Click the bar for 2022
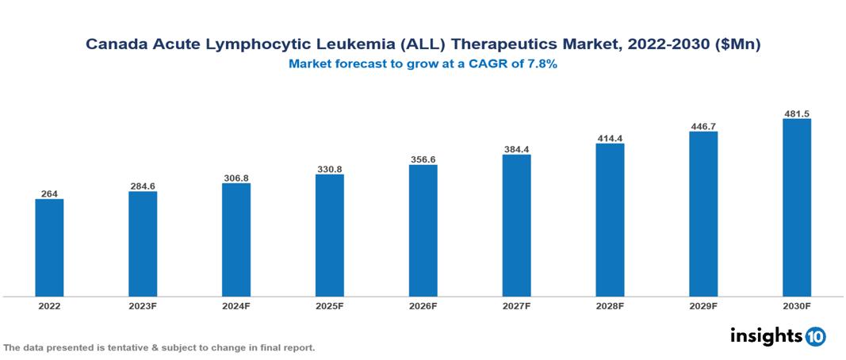coord(49,247)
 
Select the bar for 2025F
coord(329,236)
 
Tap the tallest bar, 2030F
coord(796,208)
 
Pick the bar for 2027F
coord(516,225)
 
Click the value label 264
coord(49,193)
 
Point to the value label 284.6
coord(143,186)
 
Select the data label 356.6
coord(423,159)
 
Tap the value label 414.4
coord(610,138)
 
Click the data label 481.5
coord(796,113)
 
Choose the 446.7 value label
coord(703,126)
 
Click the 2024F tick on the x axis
coord(236,305)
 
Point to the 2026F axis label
coord(423,305)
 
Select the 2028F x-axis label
coord(610,305)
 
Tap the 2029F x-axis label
coord(703,305)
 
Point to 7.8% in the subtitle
coord(540,64)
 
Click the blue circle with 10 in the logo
coord(815,336)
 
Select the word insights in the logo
coord(765,335)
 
